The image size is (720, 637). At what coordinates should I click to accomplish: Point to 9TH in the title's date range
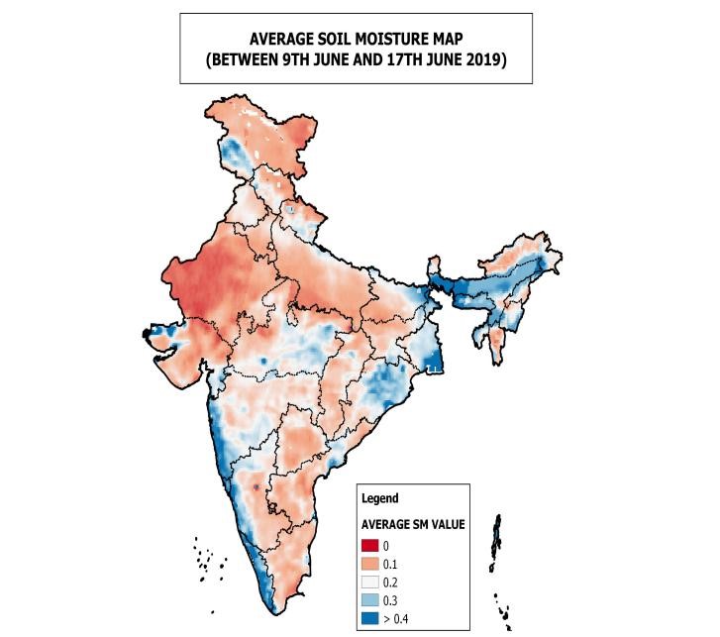[296, 59]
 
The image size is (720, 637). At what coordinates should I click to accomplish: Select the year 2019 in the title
[482, 59]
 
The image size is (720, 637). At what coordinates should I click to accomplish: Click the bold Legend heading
[379, 498]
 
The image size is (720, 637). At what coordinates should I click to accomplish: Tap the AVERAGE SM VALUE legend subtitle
[413, 523]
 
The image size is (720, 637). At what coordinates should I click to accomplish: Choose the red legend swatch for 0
[370, 546]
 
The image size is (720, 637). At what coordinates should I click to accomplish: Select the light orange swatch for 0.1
[370, 565]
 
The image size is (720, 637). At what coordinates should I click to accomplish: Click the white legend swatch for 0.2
[370, 584]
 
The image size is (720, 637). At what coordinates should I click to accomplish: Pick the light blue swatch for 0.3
[370, 602]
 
